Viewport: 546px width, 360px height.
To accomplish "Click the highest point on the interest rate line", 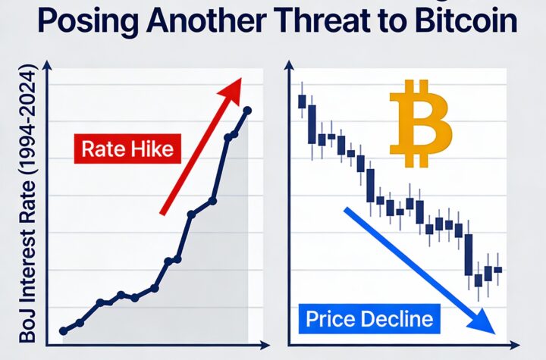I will (247, 111).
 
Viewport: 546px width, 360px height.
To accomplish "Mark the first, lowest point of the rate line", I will (63, 330).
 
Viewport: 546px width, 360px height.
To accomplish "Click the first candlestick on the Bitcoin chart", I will (302, 101).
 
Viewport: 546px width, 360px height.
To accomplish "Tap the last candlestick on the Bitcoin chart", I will (498, 269).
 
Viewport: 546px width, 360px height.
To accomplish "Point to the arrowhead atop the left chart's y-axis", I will (47, 69).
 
